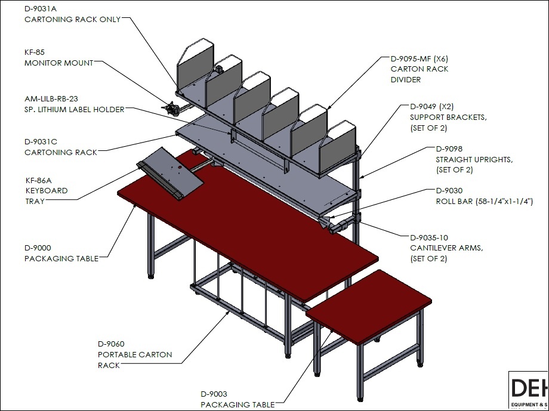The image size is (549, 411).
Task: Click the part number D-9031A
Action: [40, 9]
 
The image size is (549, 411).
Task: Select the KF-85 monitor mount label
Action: [35, 52]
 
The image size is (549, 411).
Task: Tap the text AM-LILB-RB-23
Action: [51, 99]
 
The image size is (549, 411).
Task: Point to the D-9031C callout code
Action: [41, 142]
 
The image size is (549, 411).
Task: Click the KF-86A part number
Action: [39, 181]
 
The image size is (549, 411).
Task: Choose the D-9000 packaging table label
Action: [38, 248]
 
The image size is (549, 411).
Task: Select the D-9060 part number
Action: [111, 344]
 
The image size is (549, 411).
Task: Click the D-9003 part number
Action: [214, 394]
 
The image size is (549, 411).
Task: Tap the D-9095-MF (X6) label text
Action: [420, 58]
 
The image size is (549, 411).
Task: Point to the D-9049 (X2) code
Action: [431, 106]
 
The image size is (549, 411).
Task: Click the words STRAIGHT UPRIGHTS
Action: [474, 160]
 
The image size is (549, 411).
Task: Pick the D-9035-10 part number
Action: [429, 238]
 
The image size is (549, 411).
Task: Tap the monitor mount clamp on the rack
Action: [172, 108]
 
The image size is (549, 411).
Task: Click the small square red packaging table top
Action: [369, 305]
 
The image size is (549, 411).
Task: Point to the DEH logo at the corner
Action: [529, 388]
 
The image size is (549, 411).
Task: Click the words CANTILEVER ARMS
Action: [446, 248]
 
